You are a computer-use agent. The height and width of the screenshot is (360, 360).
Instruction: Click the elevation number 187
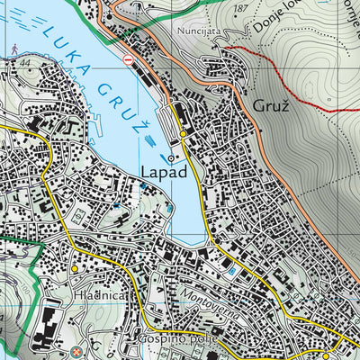238,7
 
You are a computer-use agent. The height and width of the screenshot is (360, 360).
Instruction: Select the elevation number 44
22,62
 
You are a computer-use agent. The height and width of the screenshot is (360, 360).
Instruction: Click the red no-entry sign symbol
129,58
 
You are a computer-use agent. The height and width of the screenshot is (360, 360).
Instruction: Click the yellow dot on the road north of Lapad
183,134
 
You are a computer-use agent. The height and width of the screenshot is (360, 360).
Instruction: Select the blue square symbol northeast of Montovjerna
232,269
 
